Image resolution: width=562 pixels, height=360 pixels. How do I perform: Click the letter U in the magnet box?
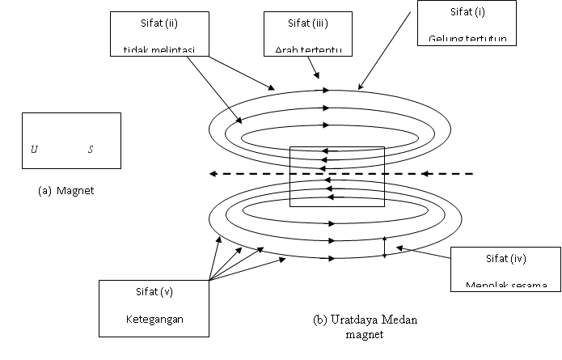tap(34, 150)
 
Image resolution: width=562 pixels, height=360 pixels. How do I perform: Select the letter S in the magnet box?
tap(91, 150)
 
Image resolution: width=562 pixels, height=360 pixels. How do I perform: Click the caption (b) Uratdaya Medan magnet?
tap(366, 327)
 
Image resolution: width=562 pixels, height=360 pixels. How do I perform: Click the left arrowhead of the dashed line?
tap(212, 173)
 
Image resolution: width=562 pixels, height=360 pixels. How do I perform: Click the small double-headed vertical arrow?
tap(384, 247)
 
